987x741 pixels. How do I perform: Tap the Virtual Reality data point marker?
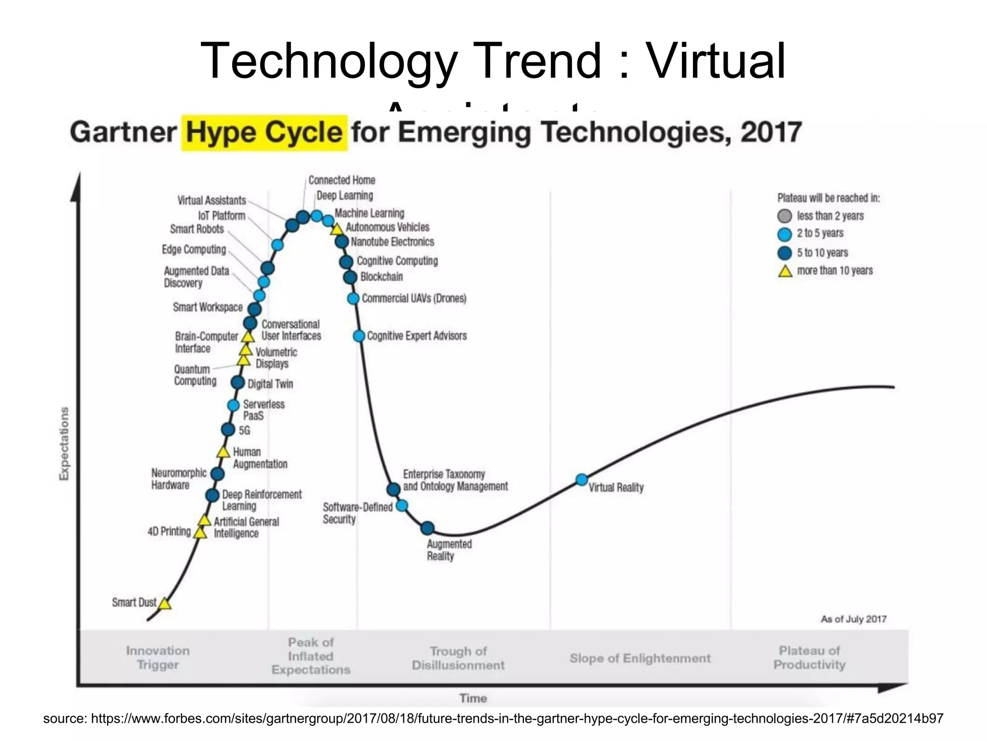[582, 480]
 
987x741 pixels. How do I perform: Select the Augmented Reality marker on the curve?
[427, 528]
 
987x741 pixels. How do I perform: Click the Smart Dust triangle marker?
[165, 604]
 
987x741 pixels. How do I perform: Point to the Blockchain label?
[381, 277]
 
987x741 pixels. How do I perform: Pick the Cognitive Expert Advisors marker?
[359, 336]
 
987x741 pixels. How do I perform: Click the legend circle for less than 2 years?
[785, 216]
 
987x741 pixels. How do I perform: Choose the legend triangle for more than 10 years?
[786, 271]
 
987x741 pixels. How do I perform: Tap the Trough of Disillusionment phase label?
[458, 658]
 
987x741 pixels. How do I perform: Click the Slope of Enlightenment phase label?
[640, 659]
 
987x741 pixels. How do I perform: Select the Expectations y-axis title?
[64, 444]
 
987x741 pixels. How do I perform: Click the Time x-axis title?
[473, 698]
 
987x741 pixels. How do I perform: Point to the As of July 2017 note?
[854, 619]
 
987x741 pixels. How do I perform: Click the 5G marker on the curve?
[228, 429]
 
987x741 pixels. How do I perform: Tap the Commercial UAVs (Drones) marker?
[353, 299]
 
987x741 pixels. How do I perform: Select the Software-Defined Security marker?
[401, 506]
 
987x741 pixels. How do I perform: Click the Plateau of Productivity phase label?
[809, 658]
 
